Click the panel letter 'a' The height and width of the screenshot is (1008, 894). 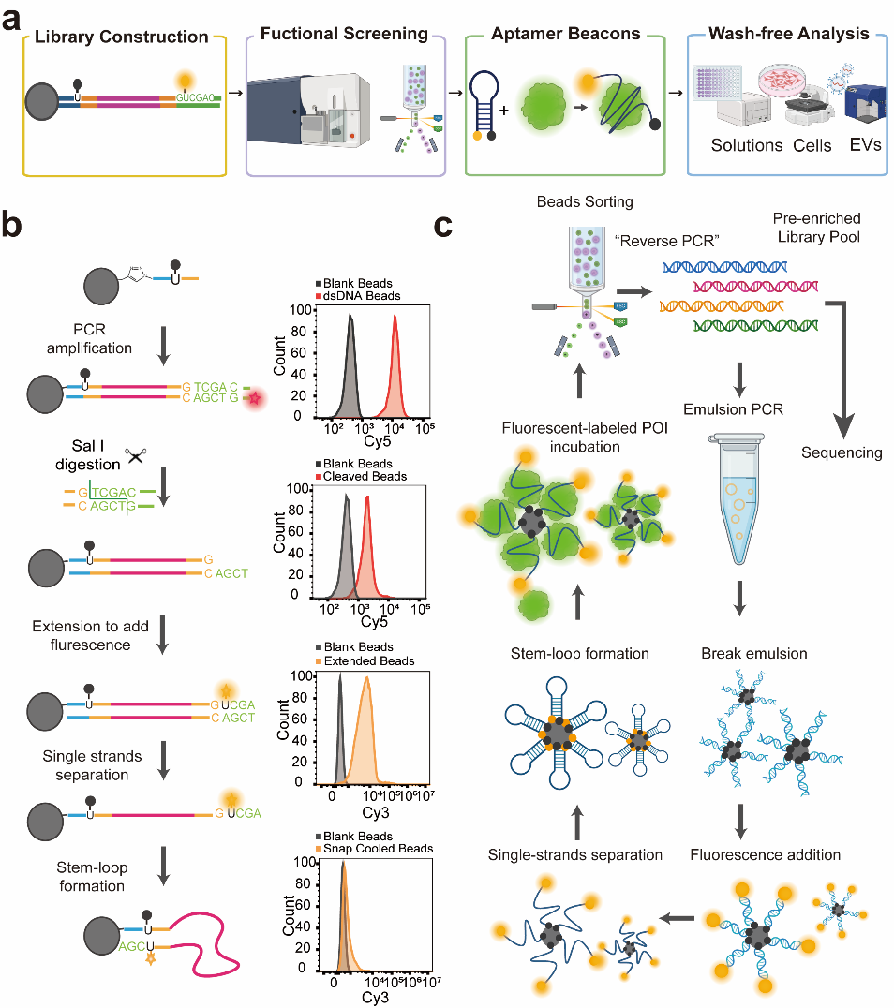pyautogui.click(x=13, y=19)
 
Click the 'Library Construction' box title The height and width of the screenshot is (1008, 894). pyautogui.click(x=121, y=37)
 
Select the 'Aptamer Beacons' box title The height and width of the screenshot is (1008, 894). pyautogui.click(x=566, y=35)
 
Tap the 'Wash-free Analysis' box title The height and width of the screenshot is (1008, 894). pyautogui.click(x=789, y=35)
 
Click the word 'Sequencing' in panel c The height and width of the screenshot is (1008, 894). pyautogui.click(x=841, y=452)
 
